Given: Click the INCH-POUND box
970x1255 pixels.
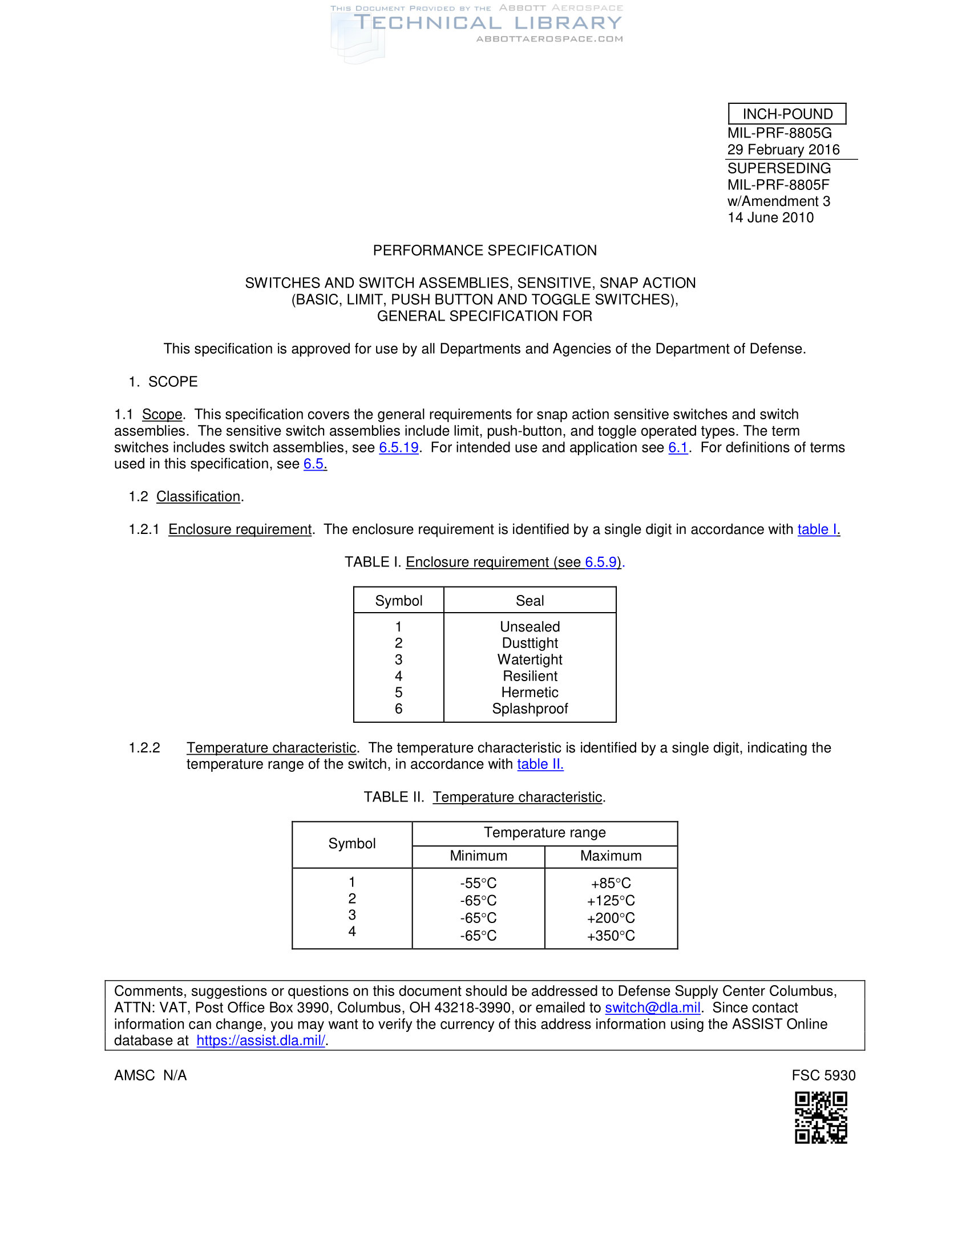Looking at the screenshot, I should (x=787, y=114).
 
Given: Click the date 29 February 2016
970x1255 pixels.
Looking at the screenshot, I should (x=783, y=150).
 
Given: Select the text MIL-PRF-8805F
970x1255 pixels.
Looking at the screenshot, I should (x=778, y=185).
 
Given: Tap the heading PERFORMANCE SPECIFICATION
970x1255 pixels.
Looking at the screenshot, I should (x=484, y=250).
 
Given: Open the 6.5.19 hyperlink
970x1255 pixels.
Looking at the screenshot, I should (x=398, y=448).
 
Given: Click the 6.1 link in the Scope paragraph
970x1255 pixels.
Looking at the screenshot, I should (x=677, y=448).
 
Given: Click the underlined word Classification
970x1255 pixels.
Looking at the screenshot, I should (x=198, y=496).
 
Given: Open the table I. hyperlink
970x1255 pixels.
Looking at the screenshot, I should (x=818, y=529).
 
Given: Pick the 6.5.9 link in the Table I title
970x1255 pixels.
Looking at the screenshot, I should (x=600, y=562).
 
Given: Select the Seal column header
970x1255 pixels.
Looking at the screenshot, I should (x=530, y=601).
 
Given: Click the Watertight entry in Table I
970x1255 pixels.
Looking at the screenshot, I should (x=530, y=659).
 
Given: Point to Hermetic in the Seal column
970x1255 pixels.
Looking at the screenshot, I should (x=530, y=693).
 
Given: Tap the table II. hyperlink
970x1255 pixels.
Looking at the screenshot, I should (x=540, y=764).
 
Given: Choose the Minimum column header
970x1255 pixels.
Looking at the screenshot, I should (x=478, y=856).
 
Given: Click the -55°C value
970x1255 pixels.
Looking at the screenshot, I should (x=478, y=883).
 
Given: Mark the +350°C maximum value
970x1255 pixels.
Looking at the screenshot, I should (x=611, y=936).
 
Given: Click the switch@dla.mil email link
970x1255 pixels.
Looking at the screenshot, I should (x=652, y=1008).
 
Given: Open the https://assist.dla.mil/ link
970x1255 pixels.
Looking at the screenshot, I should (x=261, y=1041).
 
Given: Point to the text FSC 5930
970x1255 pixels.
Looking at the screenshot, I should (x=823, y=1076).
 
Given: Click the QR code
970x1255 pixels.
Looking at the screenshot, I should (x=821, y=1118).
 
